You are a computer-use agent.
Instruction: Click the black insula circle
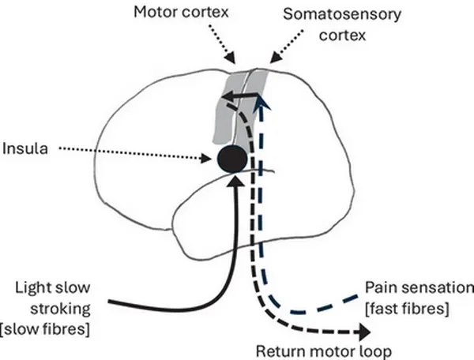[x=232, y=159]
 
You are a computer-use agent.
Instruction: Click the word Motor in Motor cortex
[x=156, y=13]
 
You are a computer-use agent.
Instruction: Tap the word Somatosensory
[x=342, y=14]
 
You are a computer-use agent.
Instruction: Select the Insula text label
[x=25, y=149]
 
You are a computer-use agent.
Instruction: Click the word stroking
[x=61, y=309]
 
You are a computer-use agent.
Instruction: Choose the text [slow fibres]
[x=45, y=328]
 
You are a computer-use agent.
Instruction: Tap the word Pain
[x=378, y=287]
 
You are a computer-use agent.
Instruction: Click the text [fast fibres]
[x=407, y=309]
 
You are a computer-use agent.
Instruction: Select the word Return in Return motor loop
[x=280, y=351]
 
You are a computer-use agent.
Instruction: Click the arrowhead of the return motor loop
[x=364, y=332]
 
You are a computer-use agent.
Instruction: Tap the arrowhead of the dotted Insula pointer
[x=206, y=158]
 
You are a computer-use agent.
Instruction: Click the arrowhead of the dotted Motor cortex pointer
[x=231, y=57]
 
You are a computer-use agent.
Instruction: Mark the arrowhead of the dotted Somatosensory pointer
[x=274, y=58]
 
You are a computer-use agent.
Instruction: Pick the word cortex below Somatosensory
[x=342, y=36]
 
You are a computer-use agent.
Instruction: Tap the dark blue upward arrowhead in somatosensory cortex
[x=263, y=103]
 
